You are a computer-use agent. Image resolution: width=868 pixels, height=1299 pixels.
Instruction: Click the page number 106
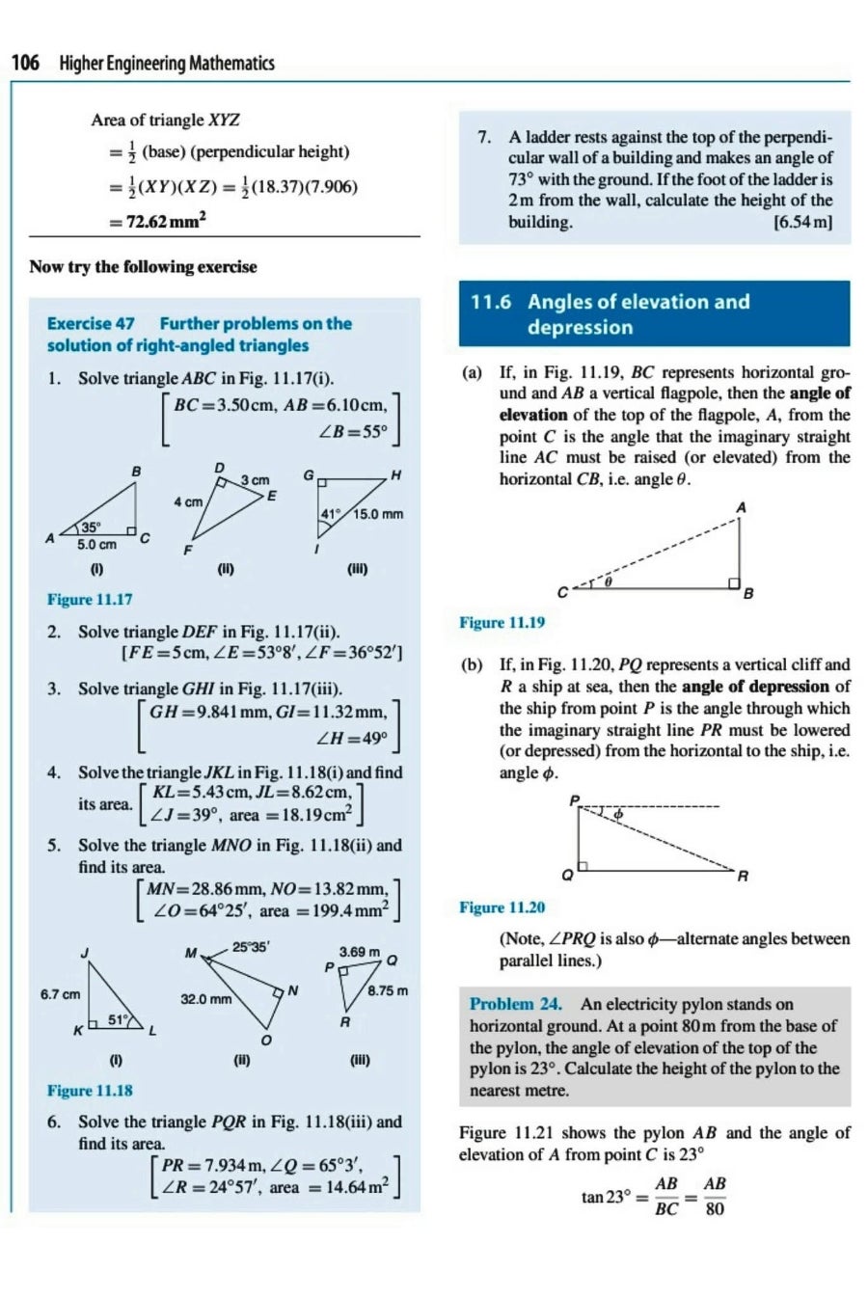coord(25,64)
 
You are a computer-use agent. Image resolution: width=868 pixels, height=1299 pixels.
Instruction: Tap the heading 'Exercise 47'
coord(91,324)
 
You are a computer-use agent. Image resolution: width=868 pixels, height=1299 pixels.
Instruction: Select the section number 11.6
coord(491,302)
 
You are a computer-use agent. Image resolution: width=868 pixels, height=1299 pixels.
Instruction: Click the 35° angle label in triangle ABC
coord(90,528)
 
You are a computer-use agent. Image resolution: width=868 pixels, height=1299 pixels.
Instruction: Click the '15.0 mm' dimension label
coord(378,514)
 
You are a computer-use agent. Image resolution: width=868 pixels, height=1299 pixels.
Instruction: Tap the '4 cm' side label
coord(188,501)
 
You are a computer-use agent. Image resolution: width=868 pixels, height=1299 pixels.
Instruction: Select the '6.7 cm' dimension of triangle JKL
coord(60,994)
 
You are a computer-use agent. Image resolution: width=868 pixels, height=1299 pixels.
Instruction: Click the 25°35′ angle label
coord(251,947)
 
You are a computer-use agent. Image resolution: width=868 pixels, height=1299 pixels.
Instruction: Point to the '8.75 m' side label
coord(387,990)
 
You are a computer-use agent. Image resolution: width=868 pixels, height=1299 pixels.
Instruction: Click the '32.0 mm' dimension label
coord(206,999)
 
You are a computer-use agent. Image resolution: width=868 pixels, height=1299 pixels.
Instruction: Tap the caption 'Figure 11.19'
coord(502,623)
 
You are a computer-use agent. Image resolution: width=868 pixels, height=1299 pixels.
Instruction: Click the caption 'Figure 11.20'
coord(502,907)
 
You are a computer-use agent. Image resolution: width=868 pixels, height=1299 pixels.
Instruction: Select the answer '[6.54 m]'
coord(802,222)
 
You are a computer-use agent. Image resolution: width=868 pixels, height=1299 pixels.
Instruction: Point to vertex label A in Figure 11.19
coord(742,507)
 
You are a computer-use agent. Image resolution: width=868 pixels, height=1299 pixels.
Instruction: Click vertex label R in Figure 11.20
coord(743,877)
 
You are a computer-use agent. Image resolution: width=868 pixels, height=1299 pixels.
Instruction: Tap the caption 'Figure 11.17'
coord(90,600)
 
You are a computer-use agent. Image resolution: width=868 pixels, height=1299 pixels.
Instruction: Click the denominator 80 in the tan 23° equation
coord(715,1208)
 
